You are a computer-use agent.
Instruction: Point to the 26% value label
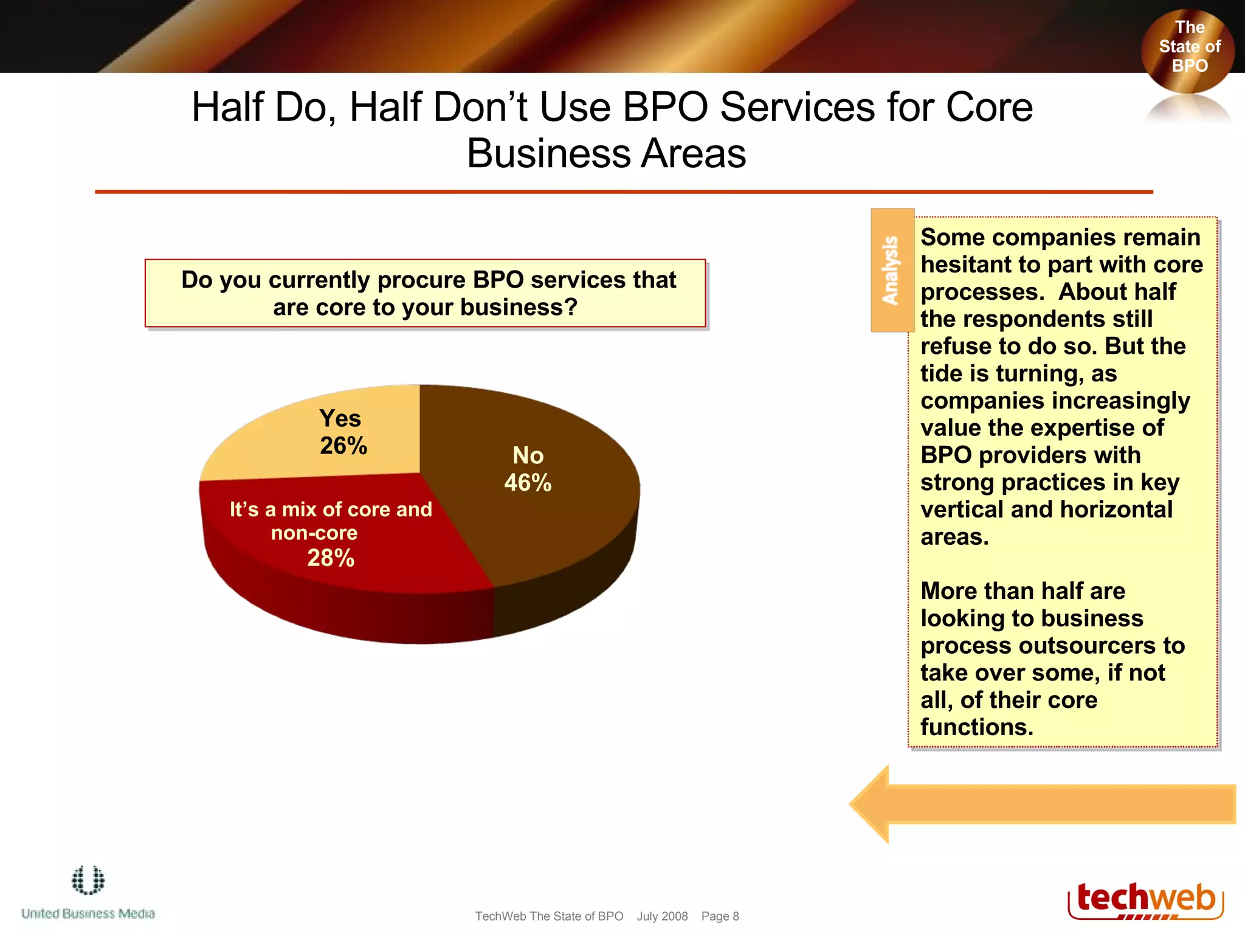pos(343,446)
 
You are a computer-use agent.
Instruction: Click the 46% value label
pos(528,483)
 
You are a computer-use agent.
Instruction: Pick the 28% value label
pos(331,558)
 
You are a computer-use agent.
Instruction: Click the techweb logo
pos(1145,899)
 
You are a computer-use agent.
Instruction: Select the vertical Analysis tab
pos(892,270)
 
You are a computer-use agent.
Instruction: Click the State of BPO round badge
pos(1188,49)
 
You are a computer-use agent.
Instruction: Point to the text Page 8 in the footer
pos(720,916)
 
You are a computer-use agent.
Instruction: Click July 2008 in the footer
pos(662,916)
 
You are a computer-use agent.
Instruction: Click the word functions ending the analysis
pos(976,727)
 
